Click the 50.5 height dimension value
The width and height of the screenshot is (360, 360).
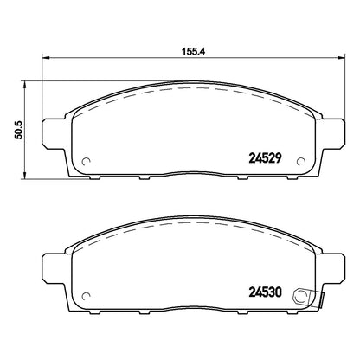(19, 130)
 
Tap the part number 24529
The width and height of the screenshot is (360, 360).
(265, 157)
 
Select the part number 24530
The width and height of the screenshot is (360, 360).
(265, 292)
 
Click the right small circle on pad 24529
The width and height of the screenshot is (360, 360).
(301, 162)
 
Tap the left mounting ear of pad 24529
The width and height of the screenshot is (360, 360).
(55, 133)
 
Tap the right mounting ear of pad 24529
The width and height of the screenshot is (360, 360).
(332, 133)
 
